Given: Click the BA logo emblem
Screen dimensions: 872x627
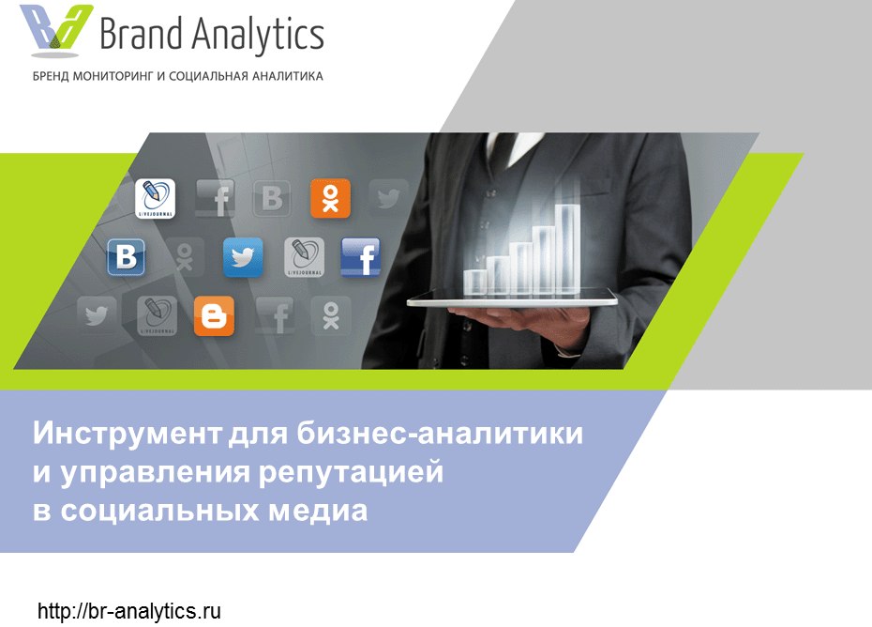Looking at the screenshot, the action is (55, 31).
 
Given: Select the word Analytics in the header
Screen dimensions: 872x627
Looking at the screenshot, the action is (259, 36).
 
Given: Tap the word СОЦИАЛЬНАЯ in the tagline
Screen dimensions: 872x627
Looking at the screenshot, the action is (207, 76).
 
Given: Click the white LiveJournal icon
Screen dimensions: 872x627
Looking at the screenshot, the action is (155, 198).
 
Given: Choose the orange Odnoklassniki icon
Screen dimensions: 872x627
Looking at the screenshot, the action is (330, 198).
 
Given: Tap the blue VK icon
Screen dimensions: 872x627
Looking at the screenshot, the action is (127, 257).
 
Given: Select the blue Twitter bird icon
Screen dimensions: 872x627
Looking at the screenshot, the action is (243, 257).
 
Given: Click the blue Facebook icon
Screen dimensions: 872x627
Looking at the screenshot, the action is (360, 257).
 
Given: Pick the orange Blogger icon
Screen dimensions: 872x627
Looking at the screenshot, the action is (214, 315).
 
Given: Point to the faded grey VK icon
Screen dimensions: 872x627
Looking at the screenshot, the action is (272, 198).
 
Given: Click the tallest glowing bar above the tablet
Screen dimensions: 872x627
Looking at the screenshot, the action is (567, 249).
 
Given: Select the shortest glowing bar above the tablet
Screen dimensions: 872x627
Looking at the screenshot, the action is (475, 283).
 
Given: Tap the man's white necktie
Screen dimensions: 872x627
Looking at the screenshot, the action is (515, 148).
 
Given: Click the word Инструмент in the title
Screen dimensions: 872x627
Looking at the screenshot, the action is (128, 434).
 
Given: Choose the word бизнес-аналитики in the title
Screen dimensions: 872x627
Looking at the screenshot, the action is (440, 434).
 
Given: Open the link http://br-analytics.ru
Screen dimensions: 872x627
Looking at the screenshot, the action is (129, 611).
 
